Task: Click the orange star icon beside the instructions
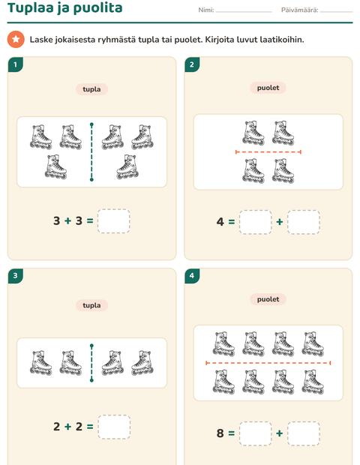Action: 16,39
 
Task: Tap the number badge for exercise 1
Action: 16,64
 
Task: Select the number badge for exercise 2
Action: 192,64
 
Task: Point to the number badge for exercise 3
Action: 16,276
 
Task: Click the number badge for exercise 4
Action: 192,276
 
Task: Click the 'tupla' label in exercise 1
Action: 91,89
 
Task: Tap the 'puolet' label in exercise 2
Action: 268,88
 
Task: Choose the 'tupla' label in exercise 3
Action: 91,305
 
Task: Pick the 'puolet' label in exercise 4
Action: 268,299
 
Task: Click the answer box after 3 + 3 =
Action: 113,221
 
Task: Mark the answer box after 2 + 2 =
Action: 114,427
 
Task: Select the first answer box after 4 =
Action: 255,222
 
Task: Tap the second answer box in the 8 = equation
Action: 303,433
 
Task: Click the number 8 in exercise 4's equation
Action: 220,433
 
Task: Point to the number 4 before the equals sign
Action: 220,222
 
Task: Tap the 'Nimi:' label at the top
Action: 206,10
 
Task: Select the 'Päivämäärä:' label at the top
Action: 300,10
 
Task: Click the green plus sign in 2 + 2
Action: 68,427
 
